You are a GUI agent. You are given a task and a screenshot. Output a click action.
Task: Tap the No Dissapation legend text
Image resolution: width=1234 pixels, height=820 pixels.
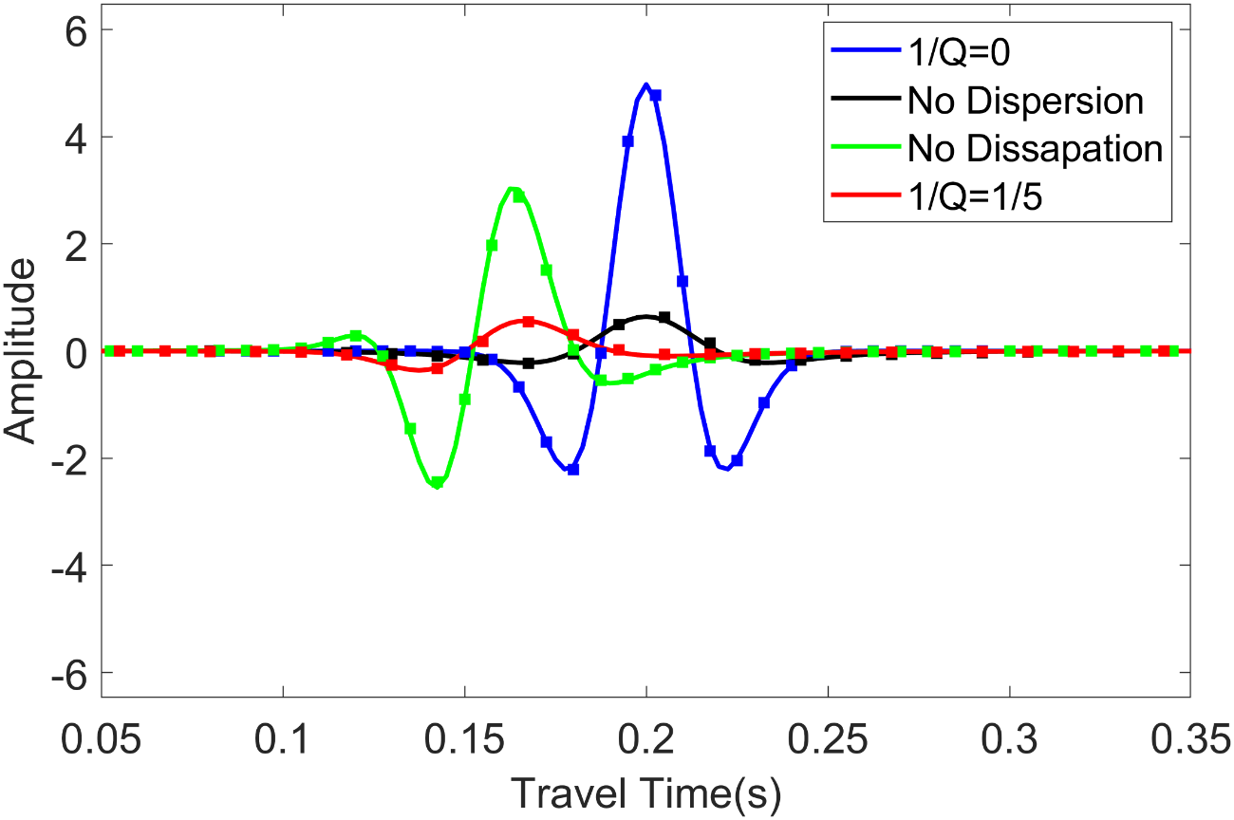(x=1035, y=149)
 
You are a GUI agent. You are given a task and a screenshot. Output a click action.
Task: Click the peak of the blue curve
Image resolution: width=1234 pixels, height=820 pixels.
(x=645, y=84)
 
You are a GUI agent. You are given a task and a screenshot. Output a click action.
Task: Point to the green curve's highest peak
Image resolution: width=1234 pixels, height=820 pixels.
(x=514, y=188)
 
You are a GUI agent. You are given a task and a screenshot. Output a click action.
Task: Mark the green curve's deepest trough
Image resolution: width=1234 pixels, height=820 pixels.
(x=438, y=485)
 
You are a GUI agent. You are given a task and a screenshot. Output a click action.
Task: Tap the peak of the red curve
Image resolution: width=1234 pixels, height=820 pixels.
(x=530, y=321)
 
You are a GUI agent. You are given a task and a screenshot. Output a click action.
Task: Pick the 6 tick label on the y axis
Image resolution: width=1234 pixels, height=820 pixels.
(x=74, y=30)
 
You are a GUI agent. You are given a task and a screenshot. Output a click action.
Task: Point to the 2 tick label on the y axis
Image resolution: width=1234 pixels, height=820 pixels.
(x=74, y=244)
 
